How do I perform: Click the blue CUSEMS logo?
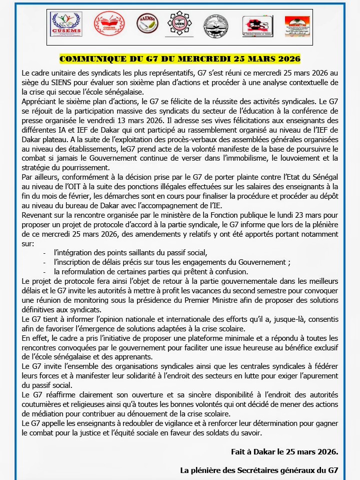pos(66,24)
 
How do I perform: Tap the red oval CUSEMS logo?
pos(109,24)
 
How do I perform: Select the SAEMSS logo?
pos(147,23)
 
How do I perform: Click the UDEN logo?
pos(179,24)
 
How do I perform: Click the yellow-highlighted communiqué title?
pos(180,59)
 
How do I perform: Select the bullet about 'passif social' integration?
pos(130,253)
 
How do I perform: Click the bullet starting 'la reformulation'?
pos(151,272)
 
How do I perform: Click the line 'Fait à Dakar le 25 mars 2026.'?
pos(284,451)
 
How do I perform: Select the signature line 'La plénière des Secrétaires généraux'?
pos(259,470)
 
